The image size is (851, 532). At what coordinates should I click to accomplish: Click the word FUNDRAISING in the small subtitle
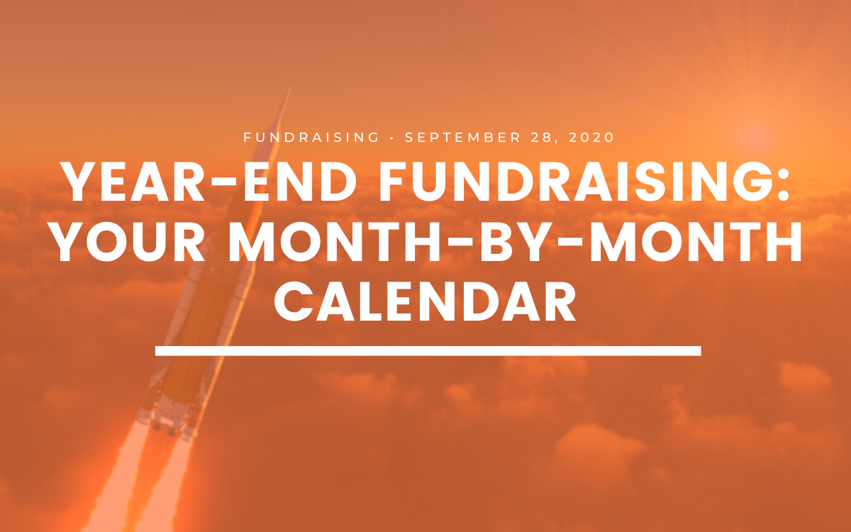click(x=311, y=137)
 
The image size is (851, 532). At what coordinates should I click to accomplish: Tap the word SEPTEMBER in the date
click(x=462, y=137)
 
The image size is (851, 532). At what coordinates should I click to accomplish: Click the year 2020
click(x=591, y=137)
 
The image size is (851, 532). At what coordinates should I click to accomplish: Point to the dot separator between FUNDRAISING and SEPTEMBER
click(x=391, y=138)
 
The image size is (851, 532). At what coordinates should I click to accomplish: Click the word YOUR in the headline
click(x=128, y=243)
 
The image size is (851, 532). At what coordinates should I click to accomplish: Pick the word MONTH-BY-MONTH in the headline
click(x=515, y=243)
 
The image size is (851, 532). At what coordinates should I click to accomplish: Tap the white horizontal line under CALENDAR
click(x=428, y=350)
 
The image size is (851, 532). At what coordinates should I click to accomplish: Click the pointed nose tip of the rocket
click(x=289, y=87)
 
